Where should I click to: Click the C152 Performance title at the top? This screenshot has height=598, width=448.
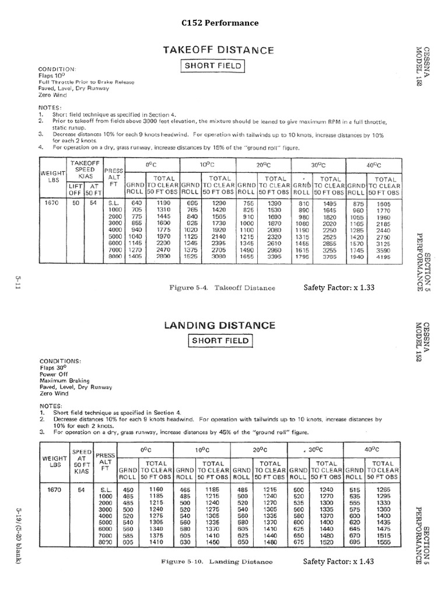pyautogui.click(x=220, y=23)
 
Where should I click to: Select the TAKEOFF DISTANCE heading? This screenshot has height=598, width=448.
pyautogui.click(x=217, y=50)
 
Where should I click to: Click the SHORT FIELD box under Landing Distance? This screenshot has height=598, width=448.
pyautogui.click(x=218, y=340)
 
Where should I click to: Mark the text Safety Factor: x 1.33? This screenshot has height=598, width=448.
pyautogui.click(x=338, y=288)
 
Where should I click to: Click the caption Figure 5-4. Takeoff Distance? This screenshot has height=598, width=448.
pyautogui.click(x=227, y=288)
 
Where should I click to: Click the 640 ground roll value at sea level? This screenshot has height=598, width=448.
pyautogui.click(x=136, y=201)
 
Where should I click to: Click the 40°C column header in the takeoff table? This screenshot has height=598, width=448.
pyautogui.click(x=373, y=165)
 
